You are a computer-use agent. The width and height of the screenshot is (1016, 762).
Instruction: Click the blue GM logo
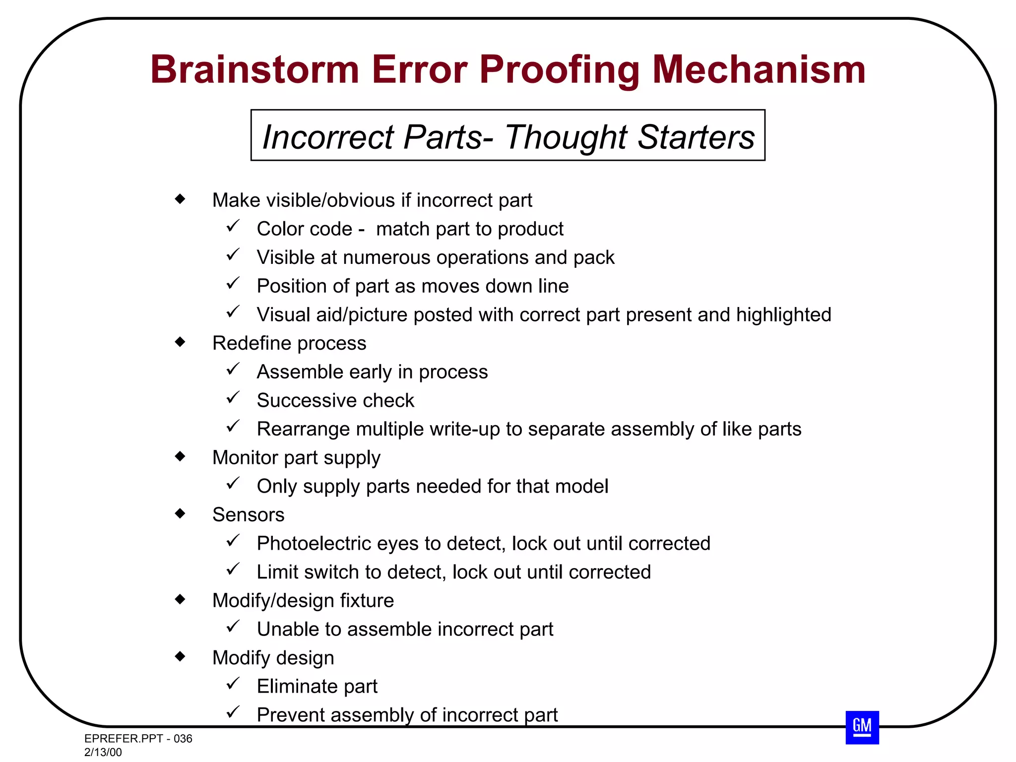(862, 727)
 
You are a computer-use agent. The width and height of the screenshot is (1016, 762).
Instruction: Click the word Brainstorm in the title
(254, 69)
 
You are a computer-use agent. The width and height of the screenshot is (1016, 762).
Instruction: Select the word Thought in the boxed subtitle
(566, 137)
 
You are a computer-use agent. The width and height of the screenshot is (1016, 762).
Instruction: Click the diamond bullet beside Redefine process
(180, 342)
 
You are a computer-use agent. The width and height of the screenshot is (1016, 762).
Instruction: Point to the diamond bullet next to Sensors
(180, 513)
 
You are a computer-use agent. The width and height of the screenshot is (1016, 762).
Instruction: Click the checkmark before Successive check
(233, 398)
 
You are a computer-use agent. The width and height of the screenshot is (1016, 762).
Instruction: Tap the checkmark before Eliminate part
(233, 684)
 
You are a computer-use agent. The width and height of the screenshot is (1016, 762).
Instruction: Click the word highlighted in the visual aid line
(783, 315)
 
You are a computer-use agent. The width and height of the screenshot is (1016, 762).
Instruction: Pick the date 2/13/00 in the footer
(103, 752)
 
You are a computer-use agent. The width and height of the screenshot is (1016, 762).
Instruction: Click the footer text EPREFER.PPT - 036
(138, 739)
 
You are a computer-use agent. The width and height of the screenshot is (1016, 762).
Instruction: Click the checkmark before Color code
(233, 226)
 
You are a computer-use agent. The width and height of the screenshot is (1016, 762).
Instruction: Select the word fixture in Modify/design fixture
(367, 601)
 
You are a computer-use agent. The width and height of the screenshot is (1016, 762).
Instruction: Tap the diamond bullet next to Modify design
(180, 656)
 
